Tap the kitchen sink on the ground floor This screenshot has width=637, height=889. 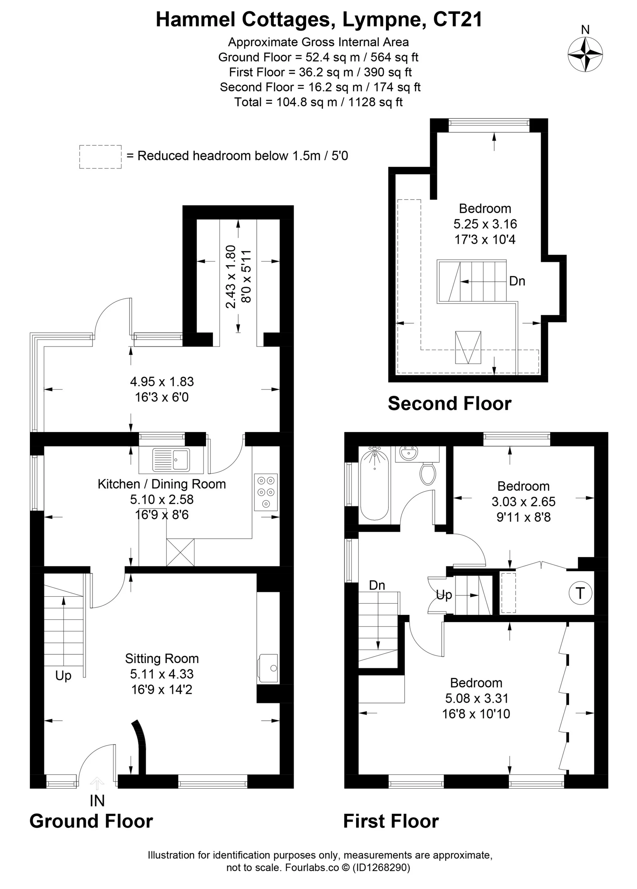tap(171, 460)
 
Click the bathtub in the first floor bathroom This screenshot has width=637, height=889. tap(375, 485)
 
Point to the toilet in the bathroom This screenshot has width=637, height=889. tap(428, 472)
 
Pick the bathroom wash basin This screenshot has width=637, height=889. tap(409, 455)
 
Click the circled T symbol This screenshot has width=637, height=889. tap(580, 593)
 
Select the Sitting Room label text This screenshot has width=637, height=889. tap(162, 659)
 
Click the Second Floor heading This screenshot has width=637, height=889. tap(449, 404)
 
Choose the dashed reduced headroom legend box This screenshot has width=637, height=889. tap(100, 157)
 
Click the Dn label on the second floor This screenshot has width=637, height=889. tap(517, 281)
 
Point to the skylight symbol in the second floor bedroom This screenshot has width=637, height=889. tap(468, 348)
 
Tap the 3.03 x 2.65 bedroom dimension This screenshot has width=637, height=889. tap(523, 502)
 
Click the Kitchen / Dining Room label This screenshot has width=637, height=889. tap(162, 484)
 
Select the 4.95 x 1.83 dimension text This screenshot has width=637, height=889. tap(162, 381)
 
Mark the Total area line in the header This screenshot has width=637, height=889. tap(318, 102)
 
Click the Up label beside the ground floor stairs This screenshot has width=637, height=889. tap(64, 675)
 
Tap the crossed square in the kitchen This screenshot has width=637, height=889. tap(180, 553)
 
